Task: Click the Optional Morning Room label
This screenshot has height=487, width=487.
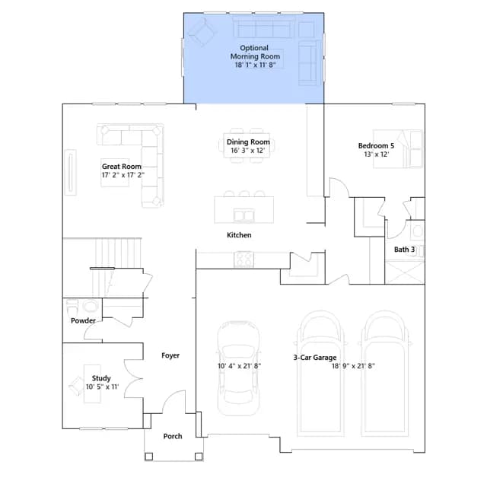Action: [255, 53]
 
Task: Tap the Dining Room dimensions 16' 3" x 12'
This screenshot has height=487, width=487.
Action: [248, 151]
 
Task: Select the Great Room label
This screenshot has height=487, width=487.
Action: [122, 167]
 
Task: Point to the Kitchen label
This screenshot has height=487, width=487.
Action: [239, 235]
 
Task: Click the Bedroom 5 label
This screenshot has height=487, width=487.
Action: [376, 145]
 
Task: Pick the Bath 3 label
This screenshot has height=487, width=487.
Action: [404, 250]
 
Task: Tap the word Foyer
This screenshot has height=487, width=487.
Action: [170, 355]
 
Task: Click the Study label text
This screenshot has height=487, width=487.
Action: [101, 378]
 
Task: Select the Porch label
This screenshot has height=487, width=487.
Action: [173, 436]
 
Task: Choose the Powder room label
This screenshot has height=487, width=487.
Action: [83, 320]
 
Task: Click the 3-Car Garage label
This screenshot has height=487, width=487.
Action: [315, 358]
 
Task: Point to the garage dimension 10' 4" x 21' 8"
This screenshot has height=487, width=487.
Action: [239, 366]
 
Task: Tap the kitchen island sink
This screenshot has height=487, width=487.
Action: [243, 215]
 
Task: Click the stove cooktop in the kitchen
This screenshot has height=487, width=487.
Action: [243, 259]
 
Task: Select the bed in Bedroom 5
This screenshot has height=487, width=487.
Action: [398, 149]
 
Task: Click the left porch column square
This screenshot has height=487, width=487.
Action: [149, 457]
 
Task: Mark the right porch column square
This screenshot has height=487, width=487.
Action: [199, 457]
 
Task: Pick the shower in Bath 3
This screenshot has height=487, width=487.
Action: [405, 272]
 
